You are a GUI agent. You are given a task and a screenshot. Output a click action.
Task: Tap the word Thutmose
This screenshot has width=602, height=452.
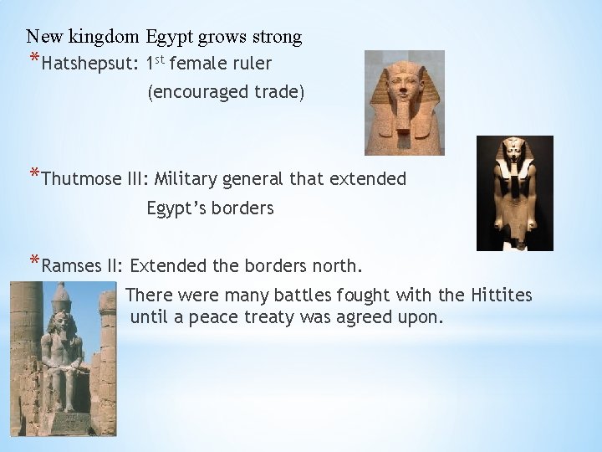[x=76, y=179]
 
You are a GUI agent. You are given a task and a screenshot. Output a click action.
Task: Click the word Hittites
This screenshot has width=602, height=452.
[x=501, y=295]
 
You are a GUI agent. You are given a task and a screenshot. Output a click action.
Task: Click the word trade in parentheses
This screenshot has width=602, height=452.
[x=274, y=93]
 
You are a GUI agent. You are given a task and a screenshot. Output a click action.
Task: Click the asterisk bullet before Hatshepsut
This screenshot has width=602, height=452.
[x=33, y=60]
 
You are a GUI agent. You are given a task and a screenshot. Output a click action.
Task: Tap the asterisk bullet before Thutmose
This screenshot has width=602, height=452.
[x=33, y=176]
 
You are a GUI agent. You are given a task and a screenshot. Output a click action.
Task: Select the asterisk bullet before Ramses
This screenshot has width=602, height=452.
[x=33, y=264]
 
